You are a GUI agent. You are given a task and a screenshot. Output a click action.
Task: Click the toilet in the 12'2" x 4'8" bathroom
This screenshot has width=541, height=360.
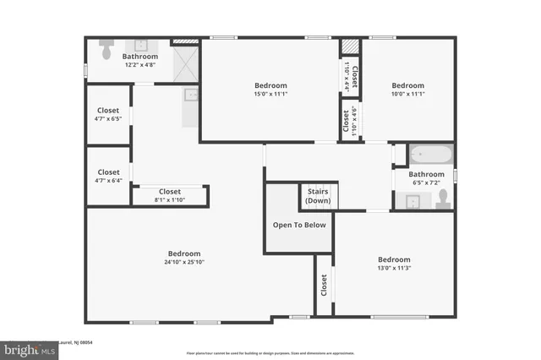106,49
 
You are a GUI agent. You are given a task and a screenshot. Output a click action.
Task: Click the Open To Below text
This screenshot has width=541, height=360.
298,225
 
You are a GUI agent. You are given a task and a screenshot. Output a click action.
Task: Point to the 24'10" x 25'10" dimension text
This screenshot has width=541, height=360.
184,262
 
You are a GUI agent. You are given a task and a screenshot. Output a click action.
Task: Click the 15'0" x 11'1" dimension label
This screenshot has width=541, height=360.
271,94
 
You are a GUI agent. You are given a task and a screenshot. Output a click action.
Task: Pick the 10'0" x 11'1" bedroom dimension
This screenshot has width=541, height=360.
407,94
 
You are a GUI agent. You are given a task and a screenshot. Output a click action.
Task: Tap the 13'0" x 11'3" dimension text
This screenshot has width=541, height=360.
394,268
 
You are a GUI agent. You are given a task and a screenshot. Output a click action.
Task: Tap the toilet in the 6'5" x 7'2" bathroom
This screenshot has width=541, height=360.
442,199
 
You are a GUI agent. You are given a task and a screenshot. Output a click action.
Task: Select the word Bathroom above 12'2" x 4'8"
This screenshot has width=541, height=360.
139,57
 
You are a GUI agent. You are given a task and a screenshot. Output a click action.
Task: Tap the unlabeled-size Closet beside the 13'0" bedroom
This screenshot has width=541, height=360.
323,286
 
